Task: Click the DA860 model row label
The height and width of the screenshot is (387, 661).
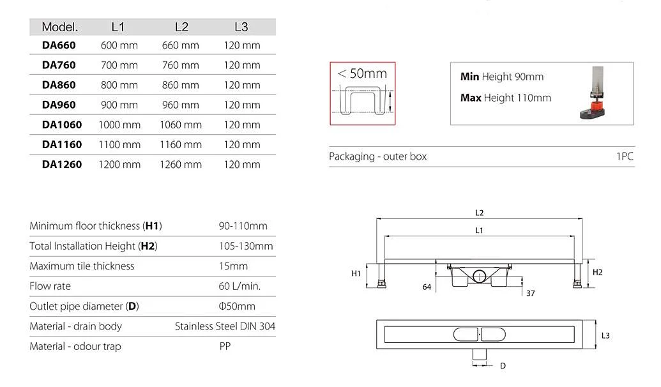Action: click(59, 85)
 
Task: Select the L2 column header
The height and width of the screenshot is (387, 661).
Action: click(181, 27)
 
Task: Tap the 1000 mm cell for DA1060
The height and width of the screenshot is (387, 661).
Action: click(119, 125)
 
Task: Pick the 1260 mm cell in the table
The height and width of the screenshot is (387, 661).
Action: click(181, 164)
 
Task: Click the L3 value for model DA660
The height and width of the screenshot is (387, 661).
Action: click(242, 45)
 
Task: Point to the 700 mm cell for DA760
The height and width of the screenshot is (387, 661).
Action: click(119, 65)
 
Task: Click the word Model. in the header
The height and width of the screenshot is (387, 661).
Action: click(60, 27)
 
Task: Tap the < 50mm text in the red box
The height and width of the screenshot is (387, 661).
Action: click(362, 73)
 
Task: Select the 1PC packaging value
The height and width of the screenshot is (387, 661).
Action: click(625, 156)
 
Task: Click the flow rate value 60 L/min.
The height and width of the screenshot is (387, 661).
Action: click(239, 286)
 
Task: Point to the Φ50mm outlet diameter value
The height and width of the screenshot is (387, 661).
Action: click(237, 306)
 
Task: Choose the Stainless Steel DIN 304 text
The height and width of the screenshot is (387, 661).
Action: click(225, 326)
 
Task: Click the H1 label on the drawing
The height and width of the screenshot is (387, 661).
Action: click(356, 273)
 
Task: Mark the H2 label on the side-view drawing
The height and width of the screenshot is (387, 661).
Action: click(597, 272)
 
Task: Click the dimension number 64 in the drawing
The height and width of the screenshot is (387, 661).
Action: click(427, 287)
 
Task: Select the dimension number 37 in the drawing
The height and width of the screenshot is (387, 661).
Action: click(530, 293)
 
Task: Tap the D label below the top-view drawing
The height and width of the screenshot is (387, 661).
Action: click(503, 365)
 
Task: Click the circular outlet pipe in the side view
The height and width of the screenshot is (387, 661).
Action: click(480, 277)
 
